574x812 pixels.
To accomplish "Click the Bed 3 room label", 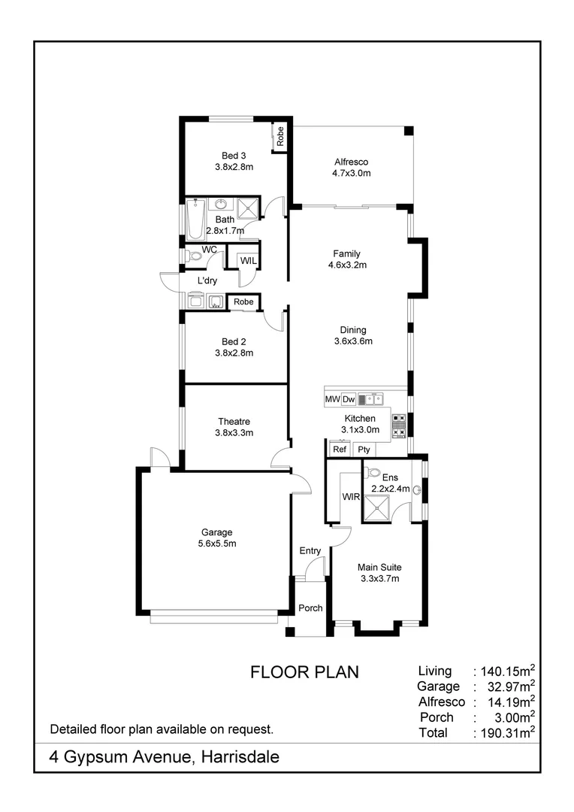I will point(234,156).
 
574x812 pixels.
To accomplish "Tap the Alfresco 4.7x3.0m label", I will point(352,162).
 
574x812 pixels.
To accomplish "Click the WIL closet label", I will point(248,261).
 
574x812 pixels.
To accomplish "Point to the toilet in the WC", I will point(194,256).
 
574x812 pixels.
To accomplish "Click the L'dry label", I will point(207,280).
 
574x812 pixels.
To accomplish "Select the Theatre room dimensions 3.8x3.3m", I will point(234,432).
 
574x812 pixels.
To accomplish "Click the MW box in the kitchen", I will point(331,399).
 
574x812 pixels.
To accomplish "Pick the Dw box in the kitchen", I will point(349,399).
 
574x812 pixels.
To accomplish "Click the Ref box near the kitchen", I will point(340,450).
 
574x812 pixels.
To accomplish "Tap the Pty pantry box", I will point(364,450).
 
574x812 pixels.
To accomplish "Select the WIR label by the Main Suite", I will point(351,497).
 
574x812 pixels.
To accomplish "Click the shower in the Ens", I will point(377,508).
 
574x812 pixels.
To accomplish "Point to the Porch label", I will point(310,607).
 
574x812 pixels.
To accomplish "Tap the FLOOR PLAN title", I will point(304,672).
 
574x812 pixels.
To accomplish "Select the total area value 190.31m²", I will point(506,732).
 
